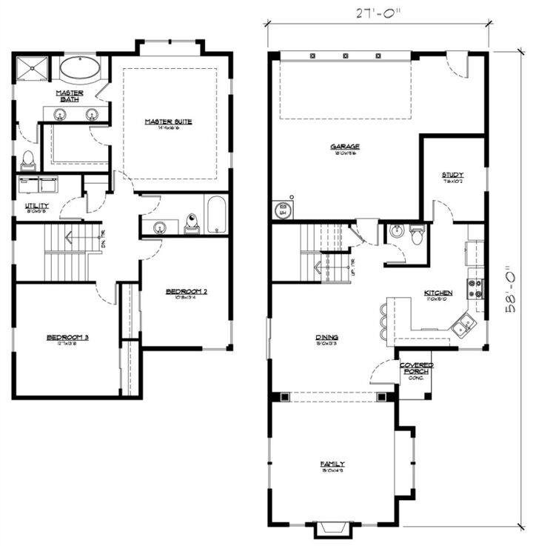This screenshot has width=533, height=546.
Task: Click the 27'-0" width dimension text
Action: [378, 13]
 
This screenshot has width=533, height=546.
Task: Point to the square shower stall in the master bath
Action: [31, 69]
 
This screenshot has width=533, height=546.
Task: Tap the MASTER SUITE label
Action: [168, 123]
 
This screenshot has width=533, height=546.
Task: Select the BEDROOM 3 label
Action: [67, 339]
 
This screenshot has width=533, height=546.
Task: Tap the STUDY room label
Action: [453, 176]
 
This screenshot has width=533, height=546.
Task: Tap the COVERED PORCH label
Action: [416, 370]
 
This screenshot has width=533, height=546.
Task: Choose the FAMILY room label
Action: [332, 465]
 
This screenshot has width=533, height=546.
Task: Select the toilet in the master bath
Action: [28, 159]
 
